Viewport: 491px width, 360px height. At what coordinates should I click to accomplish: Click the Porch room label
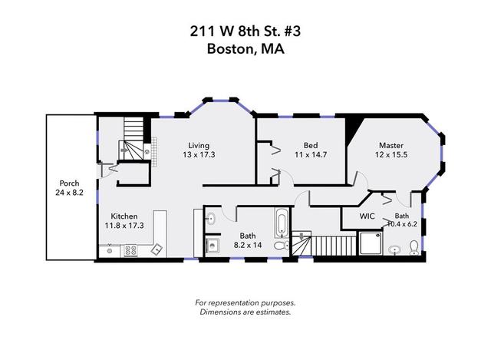coord(69,183)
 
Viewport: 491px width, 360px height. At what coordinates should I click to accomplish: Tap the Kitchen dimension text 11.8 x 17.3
coord(124,225)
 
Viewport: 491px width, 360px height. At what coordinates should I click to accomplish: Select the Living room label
coord(199,145)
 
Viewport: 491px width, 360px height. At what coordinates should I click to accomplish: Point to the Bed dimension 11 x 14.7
coord(311,154)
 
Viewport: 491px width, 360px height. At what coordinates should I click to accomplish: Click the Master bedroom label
coord(391,145)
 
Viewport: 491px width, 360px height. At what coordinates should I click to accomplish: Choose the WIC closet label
coord(367,216)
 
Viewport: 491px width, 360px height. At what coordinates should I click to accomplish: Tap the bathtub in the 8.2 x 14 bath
coord(282,223)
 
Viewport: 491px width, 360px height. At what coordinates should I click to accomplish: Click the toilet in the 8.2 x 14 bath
coord(282,246)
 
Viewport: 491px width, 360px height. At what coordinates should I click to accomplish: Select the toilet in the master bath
coord(414,247)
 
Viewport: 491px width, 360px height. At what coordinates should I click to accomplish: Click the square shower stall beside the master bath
coord(371,243)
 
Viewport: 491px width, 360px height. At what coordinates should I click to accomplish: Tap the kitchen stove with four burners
coord(130,251)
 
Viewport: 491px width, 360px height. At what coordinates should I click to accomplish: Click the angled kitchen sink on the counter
coord(157,249)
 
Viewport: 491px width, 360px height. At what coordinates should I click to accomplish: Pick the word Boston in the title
coord(230,49)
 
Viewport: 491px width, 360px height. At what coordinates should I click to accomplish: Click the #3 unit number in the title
coord(293,31)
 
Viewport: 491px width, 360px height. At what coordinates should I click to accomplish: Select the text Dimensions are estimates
coord(245,312)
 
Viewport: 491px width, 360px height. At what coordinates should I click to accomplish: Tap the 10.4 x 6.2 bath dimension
coord(402,224)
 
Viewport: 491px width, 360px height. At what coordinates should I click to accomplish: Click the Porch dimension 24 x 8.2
coord(69,193)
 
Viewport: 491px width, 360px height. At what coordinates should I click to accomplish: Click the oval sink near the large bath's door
coord(211,218)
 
